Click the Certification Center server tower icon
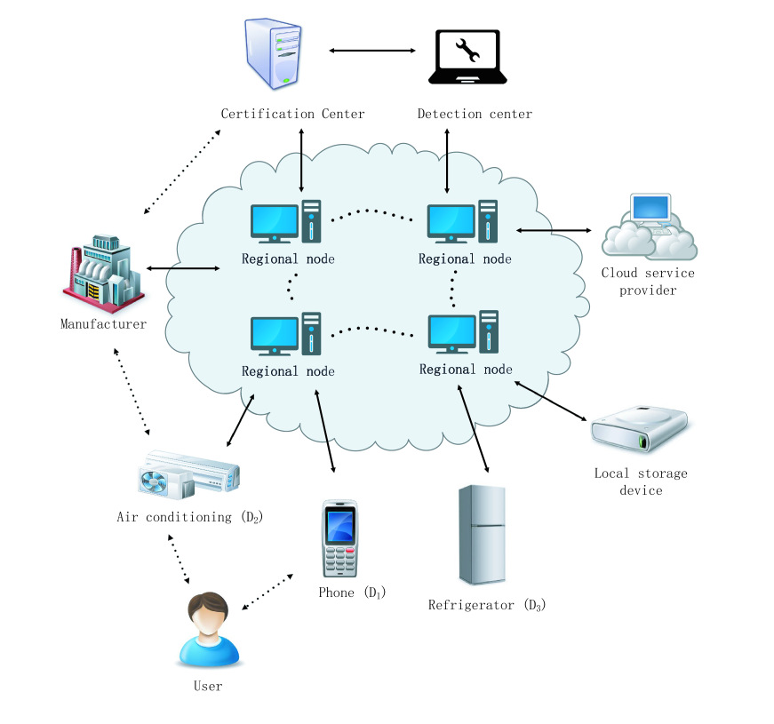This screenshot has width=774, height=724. click(275, 55)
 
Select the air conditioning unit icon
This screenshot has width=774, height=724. click(189, 472)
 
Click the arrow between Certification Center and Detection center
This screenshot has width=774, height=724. click(373, 52)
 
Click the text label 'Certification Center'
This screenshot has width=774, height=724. click(292, 114)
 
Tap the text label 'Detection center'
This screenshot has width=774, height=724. click(475, 114)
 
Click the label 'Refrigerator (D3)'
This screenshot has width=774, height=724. click(486, 606)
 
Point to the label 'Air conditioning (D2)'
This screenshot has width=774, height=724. click(189, 516)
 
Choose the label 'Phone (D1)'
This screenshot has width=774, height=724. click(353, 593)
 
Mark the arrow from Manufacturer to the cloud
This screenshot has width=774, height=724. click(184, 268)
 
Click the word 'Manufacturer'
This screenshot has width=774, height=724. click(103, 324)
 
